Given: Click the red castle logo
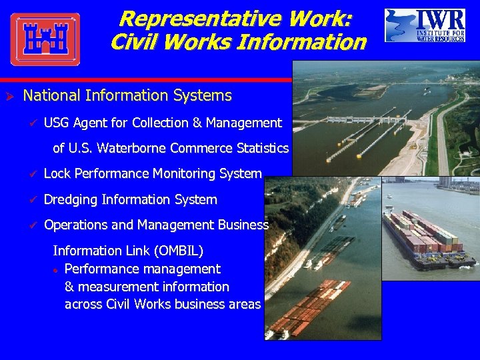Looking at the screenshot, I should pos(45,39).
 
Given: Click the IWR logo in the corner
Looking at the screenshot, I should pos(425,26).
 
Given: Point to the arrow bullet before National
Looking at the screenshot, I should pos(10,96).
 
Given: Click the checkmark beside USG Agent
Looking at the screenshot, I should pos(31,123).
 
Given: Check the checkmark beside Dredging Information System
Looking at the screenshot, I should pos(31,199).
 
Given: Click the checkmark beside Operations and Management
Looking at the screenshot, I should pos(31,225).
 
